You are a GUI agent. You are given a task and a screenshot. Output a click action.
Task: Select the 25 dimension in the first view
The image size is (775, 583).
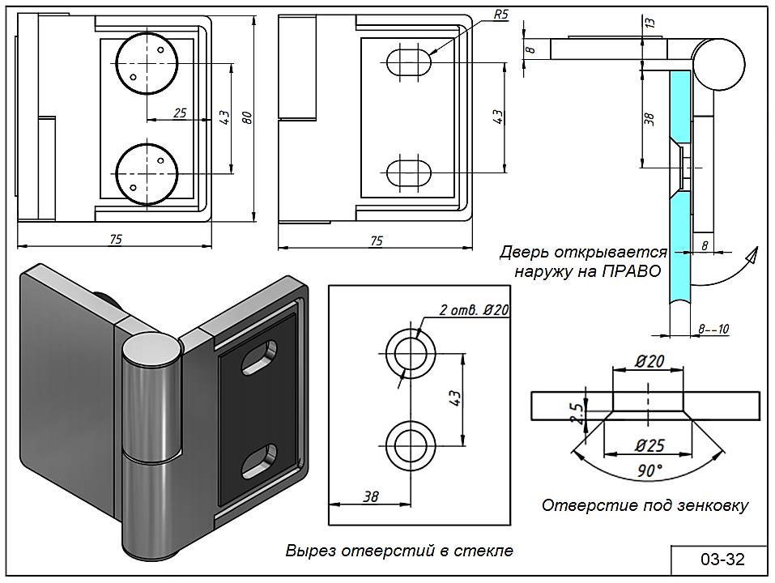click(x=180, y=113)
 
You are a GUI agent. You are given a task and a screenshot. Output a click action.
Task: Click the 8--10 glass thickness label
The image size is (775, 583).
click(x=713, y=329)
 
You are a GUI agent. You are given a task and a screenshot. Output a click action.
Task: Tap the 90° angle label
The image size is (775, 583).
click(x=648, y=470)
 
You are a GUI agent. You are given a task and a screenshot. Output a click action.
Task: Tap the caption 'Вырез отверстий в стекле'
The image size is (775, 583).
click(x=399, y=551)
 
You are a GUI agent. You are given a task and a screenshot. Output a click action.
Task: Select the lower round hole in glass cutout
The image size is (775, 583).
click(x=411, y=444)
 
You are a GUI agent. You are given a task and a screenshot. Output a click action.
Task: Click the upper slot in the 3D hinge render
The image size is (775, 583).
click(x=258, y=356)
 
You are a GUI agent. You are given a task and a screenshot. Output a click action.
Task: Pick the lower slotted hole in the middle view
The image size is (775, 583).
click(x=410, y=172)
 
